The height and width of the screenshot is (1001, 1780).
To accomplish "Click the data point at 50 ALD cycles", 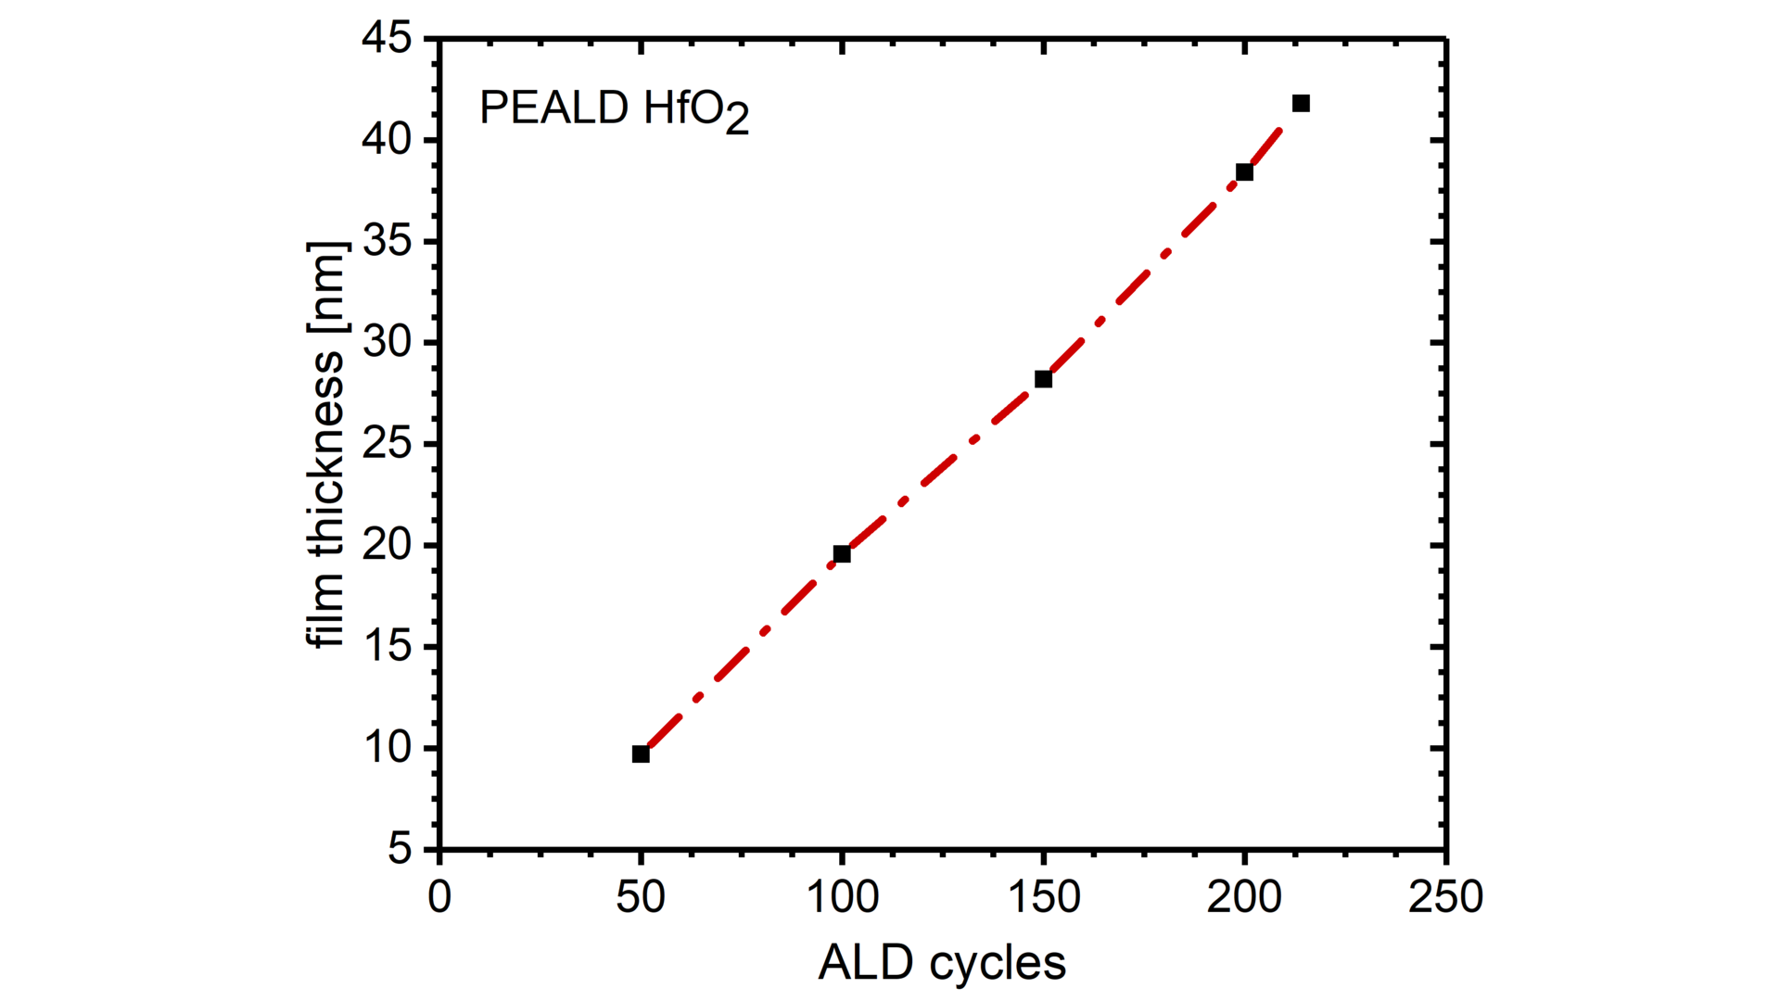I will click(x=641, y=754).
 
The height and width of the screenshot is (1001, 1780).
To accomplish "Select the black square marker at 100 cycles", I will click(x=842, y=554).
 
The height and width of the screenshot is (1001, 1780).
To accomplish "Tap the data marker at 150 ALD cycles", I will click(x=1043, y=379).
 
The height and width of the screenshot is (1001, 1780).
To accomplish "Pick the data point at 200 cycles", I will click(x=1244, y=172).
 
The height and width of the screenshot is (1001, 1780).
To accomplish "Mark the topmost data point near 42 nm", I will click(x=1301, y=103).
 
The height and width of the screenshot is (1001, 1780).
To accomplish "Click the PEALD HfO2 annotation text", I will click(x=614, y=109).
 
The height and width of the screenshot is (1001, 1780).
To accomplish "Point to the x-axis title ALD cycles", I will click(x=942, y=963).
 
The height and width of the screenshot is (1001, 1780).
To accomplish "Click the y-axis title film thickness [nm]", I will click(x=326, y=444).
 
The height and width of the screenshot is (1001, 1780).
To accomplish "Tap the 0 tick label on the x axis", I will click(x=439, y=897).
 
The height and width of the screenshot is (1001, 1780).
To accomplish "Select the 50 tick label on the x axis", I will click(x=641, y=897).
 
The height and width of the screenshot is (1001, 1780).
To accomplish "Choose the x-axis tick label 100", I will click(x=842, y=897).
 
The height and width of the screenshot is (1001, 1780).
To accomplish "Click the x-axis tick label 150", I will click(x=1043, y=897).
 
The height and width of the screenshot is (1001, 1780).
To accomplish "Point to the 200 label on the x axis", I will click(x=1244, y=897).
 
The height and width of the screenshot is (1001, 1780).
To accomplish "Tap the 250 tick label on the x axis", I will click(x=1445, y=897).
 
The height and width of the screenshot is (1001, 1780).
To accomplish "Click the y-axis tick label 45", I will click(x=387, y=39).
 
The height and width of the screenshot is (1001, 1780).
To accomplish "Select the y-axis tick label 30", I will click(x=387, y=343).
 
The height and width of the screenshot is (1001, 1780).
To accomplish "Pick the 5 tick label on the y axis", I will click(x=400, y=849).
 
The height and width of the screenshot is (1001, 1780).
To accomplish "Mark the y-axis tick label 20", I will click(x=387, y=545).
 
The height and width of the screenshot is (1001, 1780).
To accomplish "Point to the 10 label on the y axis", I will click(x=387, y=748).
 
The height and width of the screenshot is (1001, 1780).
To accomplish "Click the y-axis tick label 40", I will click(x=387, y=140).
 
